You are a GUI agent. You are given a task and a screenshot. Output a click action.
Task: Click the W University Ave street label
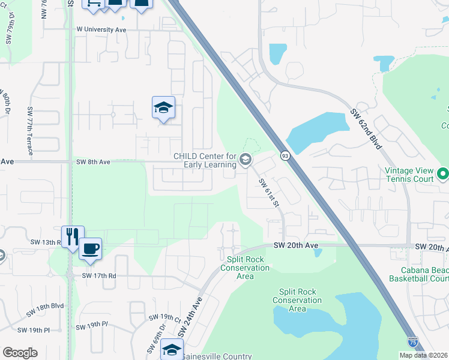coord(101,29)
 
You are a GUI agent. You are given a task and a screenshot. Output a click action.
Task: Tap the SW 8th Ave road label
coord(93,162)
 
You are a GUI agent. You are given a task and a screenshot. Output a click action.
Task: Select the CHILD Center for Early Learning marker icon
coord(245,160)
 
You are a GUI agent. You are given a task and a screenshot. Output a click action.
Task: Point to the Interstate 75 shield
coord(412,341)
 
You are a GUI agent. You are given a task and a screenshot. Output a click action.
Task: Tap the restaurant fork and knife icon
coord(72,236)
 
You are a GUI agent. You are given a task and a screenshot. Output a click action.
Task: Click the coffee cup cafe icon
coord(90,248)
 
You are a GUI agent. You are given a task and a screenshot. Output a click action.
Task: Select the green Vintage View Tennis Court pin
coord(443,174)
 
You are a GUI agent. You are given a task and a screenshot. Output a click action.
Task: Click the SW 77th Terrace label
coord(29,131)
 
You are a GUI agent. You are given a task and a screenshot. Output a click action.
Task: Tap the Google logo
coord(20,353)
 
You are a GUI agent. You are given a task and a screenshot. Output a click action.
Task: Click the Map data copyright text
coord(424,355)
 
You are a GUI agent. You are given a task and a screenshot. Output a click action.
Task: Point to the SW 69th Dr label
coord(151,339)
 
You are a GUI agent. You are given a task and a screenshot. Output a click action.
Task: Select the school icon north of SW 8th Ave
coord(163,108)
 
